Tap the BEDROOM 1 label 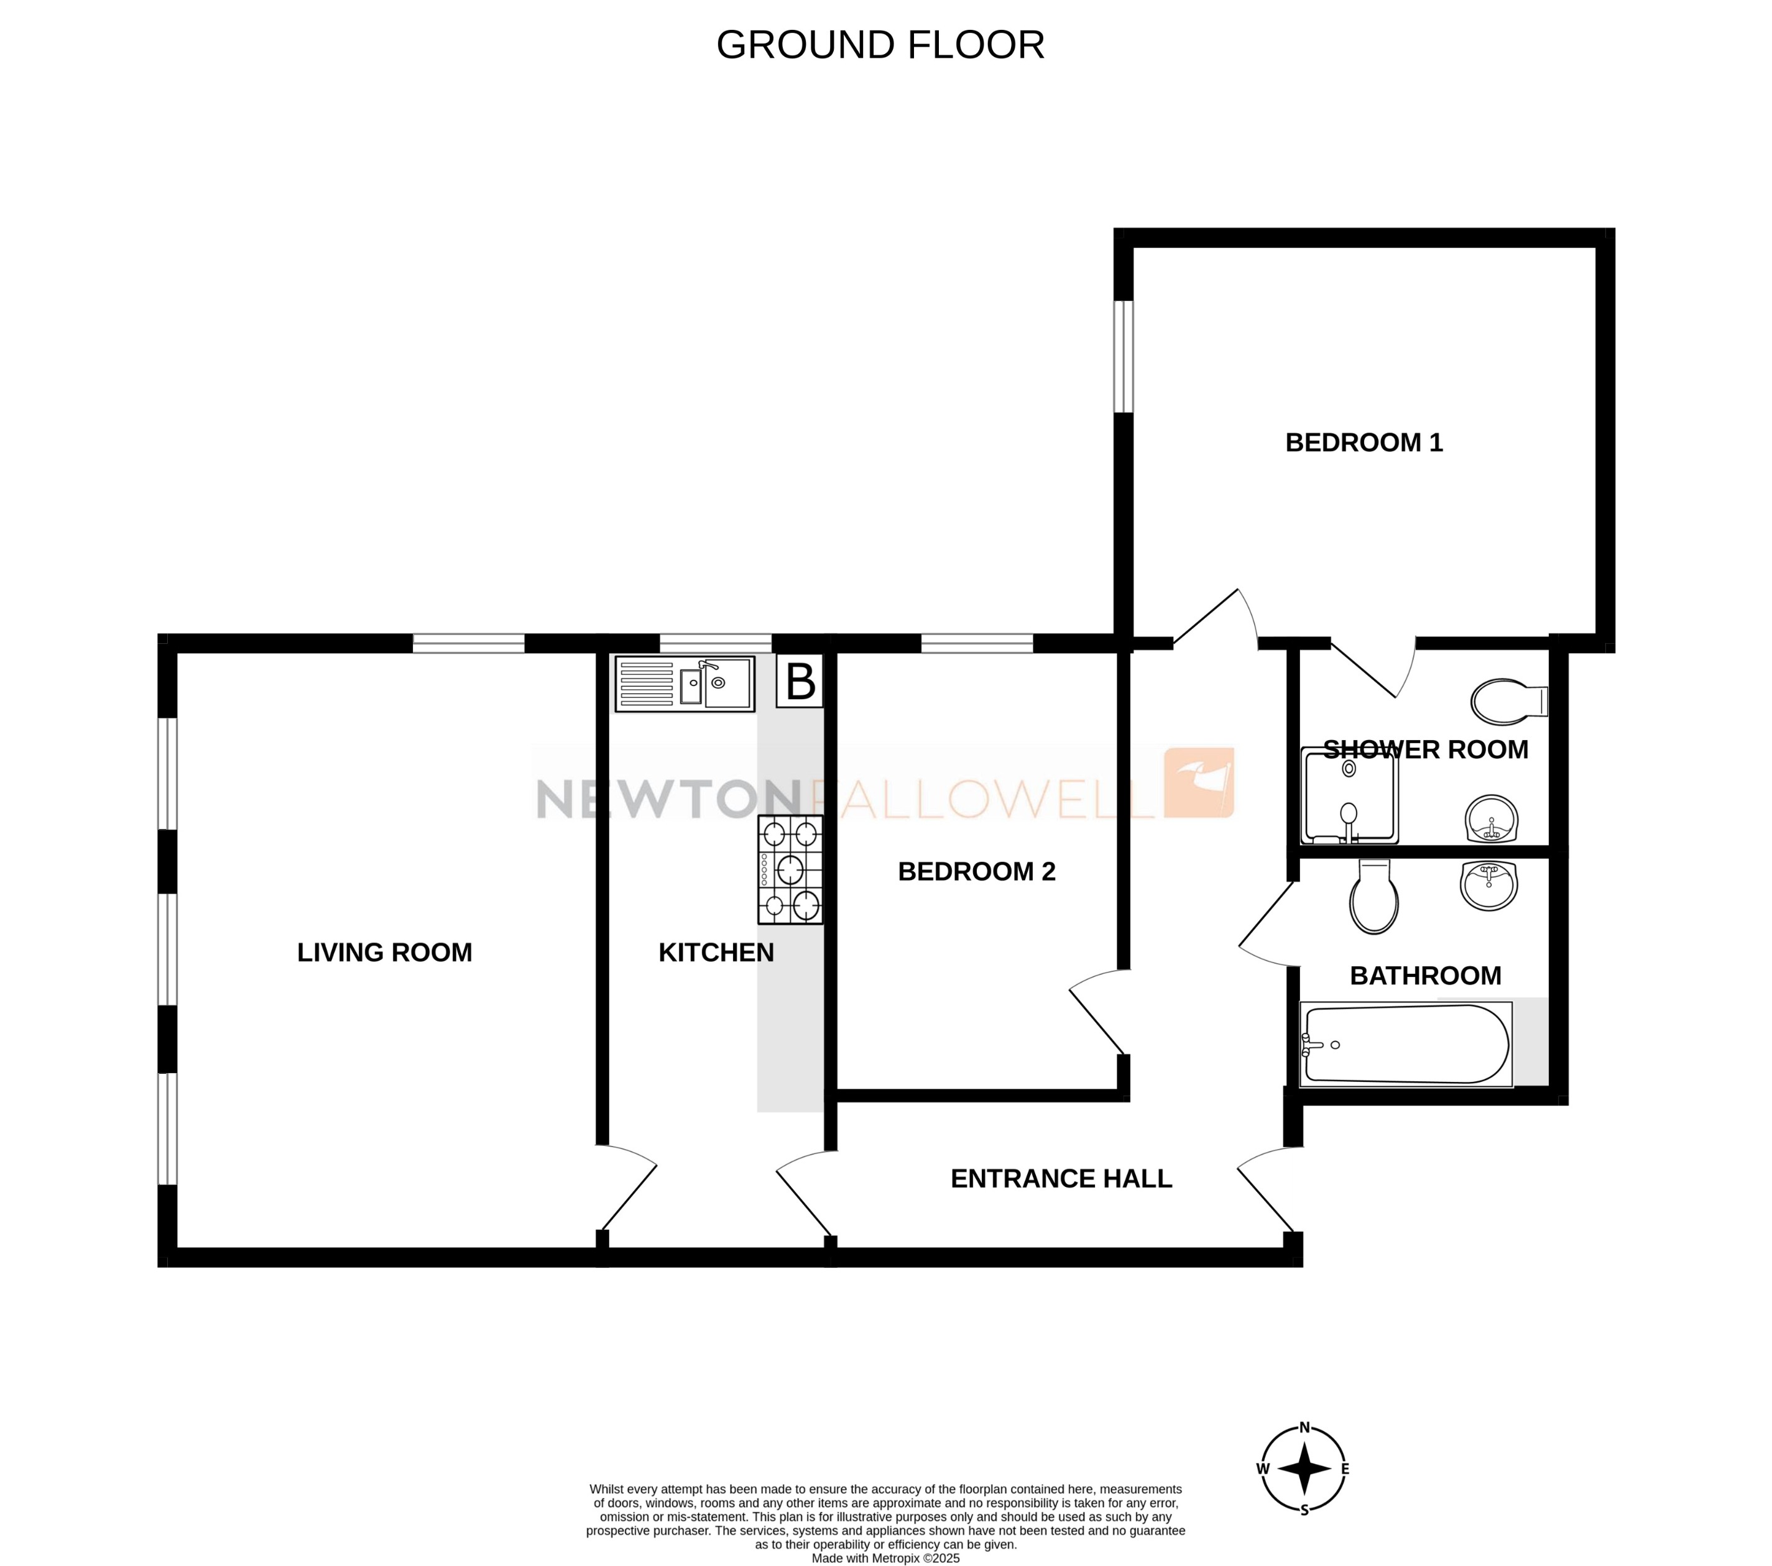pyautogui.click(x=1363, y=443)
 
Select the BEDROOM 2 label pyautogui.click(x=976, y=871)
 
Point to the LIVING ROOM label pyautogui.click(x=384, y=953)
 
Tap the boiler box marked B pyautogui.click(x=800, y=683)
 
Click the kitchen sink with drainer pyautogui.click(x=684, y=684)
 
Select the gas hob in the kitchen pyautogui.click(x=790, y=869)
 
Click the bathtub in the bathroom pyautogui.click(x=1405, y=1044)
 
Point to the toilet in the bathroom pyautogui.click(x=1374, y=899)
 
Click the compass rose pyautogui.click(x=1303, y=1469)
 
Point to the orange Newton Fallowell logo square pyautogui.click(x=1198, y=782)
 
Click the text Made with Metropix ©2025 pyautogui.click(x=885, y=1558)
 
